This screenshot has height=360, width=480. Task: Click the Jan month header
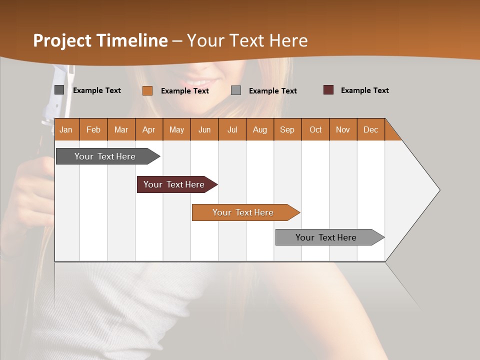click(66, 129)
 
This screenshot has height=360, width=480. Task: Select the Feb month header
click(93, 129)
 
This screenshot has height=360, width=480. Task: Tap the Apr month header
click(148, 129)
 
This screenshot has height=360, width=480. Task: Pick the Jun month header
click(204, 129)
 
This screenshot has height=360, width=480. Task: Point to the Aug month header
click(259, 129)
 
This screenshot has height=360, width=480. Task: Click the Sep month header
click(287, 129)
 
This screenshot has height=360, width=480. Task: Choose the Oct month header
click(315, 129)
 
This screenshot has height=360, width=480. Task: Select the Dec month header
click(370, 129)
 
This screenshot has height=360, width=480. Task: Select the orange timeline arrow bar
click(244, 212)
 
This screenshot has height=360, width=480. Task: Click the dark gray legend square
click(59, 90)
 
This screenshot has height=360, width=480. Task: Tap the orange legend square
click(147, 90)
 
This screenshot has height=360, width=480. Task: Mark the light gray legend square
click(236, 90)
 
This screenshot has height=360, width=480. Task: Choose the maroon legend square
click(328, 90)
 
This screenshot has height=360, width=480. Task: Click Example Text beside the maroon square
click(364, 90)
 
